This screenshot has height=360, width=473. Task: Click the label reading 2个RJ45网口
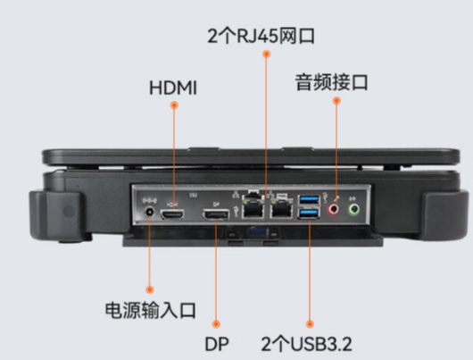point(261,37)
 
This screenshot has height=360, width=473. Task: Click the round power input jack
point(148,213)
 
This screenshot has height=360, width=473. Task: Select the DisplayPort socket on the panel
point(215,216)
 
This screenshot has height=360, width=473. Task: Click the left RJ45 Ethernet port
point(254,210)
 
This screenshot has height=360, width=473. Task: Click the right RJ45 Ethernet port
point(282,210)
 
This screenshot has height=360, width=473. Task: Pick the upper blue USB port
point(309,198)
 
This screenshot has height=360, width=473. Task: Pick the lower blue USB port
point(309,214)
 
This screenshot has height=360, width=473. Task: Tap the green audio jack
point(353,210)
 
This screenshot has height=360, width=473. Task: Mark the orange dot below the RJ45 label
point(266,55)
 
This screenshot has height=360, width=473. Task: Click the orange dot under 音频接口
point(336,102)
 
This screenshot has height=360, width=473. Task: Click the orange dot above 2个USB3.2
point(309,322)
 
